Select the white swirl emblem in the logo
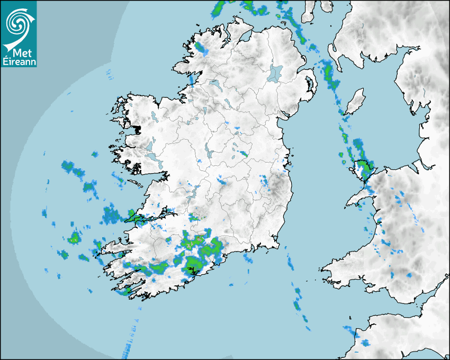19,23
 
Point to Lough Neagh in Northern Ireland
276,73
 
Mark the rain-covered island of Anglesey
363,168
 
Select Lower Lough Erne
214,84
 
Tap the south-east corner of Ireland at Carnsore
276,245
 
